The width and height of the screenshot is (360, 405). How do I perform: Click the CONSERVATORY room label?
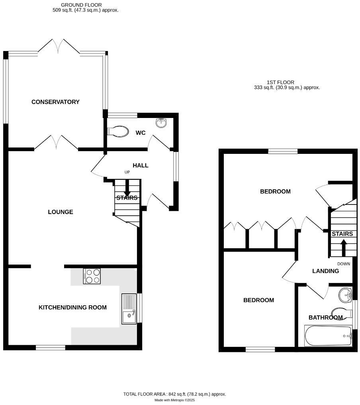[55, 102]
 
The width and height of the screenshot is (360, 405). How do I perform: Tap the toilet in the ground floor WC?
[118, 131]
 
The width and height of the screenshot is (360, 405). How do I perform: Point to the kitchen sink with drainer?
[129, 309]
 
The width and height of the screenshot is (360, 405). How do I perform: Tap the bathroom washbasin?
[344, 295]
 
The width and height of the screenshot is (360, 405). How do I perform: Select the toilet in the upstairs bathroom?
[341, 313]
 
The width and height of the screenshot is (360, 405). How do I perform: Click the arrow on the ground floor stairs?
[127, 188]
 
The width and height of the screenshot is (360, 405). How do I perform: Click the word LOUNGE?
[61, 212]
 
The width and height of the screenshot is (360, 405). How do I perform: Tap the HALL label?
[141, 165]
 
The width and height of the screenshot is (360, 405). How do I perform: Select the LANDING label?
[325, 271]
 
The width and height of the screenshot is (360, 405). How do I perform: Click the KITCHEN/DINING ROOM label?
[72, 307]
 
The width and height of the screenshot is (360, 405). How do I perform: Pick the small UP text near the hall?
[127, 172]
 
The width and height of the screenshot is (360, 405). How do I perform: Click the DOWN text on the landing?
[343, 264]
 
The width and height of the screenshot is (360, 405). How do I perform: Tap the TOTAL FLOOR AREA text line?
[174, 394]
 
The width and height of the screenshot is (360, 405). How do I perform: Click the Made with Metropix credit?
[174, 400]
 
